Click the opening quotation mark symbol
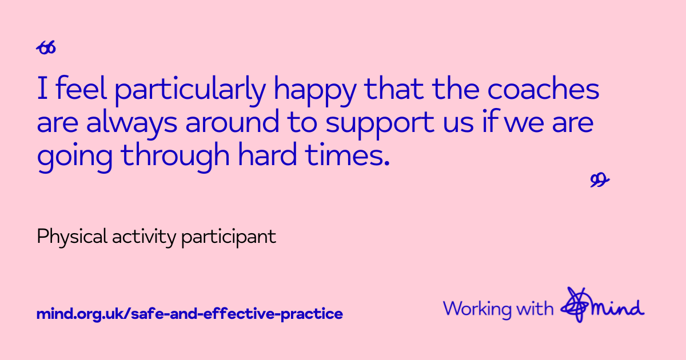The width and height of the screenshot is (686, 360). pos(46,48)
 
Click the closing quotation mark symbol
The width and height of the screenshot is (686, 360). pos(600,180)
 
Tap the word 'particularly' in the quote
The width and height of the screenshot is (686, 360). pos(190,91)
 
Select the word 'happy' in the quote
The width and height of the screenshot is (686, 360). pos(315,91)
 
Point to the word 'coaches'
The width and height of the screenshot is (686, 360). pos(543,88)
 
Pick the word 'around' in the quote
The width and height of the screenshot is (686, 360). pos(233,121)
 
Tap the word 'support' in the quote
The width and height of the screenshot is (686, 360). pos(380,124)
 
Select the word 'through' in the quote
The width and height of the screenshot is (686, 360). pos(175,157)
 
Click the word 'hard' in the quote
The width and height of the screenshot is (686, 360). pos(268,154)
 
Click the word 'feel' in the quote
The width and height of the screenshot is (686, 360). pos(81,88)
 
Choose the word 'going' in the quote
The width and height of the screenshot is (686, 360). pos(75,157)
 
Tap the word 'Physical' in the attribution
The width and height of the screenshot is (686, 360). pos(72,237)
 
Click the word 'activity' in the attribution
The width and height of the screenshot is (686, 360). pos(144,237)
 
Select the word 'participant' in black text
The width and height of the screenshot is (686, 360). pos(229,238)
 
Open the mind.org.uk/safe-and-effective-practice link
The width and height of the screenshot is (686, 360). pos(190,314)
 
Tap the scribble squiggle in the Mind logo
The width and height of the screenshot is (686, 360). pos(576,305)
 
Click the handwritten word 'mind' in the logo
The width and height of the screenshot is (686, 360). pos(618,307)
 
